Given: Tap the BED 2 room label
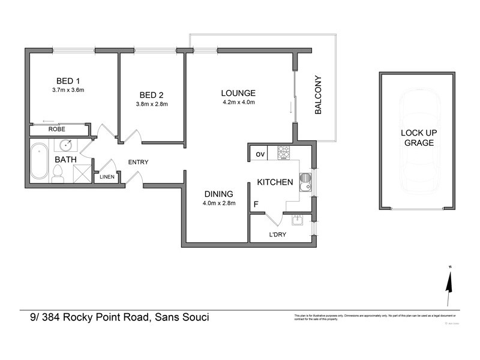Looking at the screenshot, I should click(151, 95).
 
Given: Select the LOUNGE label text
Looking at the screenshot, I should click(238, 93).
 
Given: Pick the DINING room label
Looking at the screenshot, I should click(218, 194).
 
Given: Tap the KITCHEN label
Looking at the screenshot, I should click(275, 182).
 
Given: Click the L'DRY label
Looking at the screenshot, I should click(277, 235).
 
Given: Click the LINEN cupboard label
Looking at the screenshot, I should click(107, 177).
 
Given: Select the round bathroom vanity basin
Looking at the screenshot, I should click(67, 145).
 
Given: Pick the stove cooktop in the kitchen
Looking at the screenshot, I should click(283, 154).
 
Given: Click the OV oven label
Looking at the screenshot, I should click(260, 154).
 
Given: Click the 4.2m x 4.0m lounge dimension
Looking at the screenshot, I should click(238, 102).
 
